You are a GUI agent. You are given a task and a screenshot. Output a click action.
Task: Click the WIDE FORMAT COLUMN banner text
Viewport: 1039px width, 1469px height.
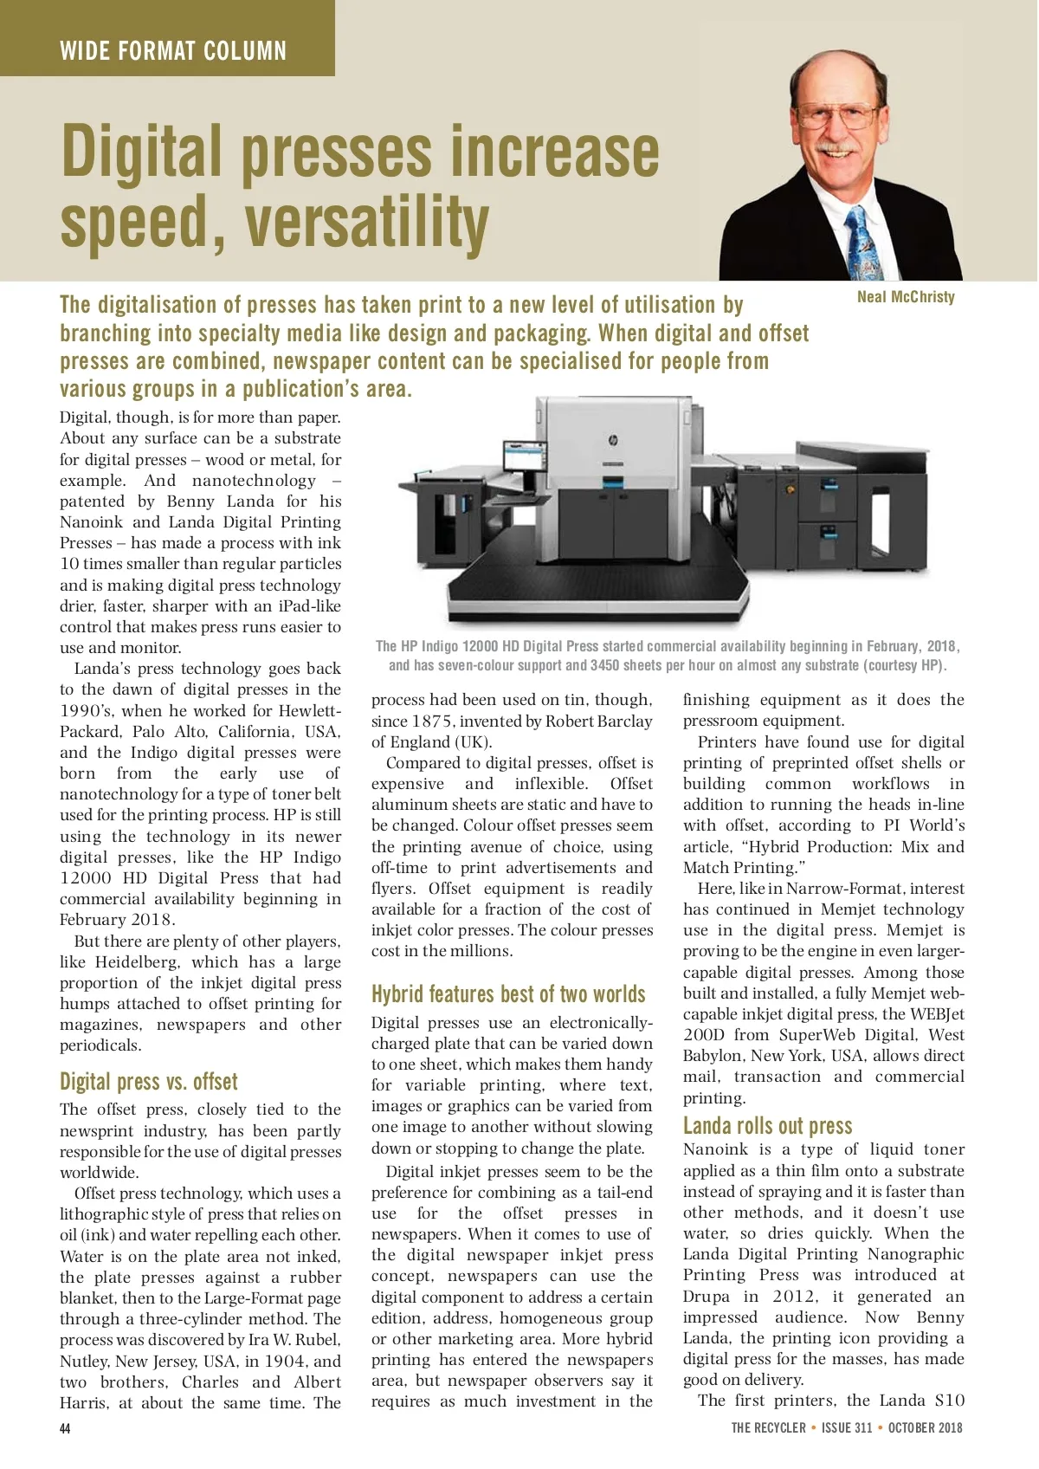pos(173,51)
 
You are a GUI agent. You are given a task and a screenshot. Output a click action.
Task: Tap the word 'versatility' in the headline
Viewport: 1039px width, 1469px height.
pos(367,223)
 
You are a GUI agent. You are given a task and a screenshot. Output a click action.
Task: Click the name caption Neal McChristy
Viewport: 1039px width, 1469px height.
pos(906,297)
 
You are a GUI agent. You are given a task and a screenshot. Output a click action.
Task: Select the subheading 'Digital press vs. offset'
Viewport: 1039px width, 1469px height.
pos(148,1082)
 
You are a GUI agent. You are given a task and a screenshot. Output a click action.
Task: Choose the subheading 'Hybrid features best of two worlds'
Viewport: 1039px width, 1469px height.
pos(508,994)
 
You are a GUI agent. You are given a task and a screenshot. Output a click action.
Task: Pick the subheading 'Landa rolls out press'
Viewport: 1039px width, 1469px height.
pos(767,1125)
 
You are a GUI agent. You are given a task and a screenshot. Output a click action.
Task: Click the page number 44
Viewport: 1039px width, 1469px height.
pos(65,1428)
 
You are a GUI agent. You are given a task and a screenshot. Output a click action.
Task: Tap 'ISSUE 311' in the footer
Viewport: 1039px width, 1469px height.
pos(847,1427)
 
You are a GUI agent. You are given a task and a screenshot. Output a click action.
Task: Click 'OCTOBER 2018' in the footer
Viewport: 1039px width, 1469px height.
pos(925,1427)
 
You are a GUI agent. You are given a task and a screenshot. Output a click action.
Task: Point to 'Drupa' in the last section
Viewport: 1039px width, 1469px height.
pos(706,1297)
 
